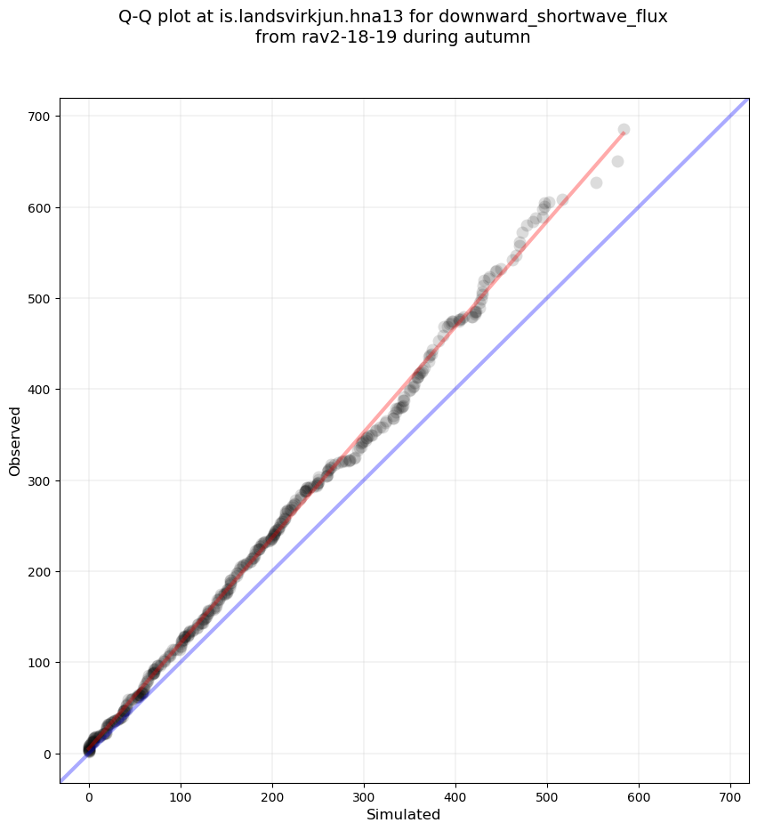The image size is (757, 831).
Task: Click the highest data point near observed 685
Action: tap(624, 130)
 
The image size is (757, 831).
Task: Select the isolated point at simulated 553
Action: tap(596, 182)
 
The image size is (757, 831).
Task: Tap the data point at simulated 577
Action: tap(617, 162)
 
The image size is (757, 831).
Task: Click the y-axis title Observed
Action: tap(15, 440)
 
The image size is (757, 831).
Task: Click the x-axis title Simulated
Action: tap(404, 814)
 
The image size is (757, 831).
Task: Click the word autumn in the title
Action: tap(500, 37)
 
